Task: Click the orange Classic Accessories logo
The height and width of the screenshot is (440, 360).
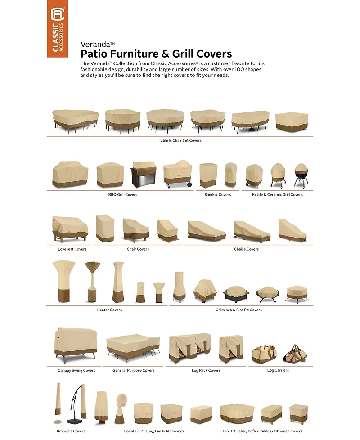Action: pos(58,29)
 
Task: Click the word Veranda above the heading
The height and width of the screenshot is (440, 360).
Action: pos(95,45)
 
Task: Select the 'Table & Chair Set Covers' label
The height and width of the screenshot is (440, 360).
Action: pos(180,140)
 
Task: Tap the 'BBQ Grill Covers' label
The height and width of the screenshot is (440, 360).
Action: pos(123,194)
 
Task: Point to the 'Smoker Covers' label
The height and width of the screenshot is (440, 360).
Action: pos(217,194)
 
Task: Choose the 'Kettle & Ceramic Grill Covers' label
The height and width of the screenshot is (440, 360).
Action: pos(277,194)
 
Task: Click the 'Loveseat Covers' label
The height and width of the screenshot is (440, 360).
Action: pos(72,249)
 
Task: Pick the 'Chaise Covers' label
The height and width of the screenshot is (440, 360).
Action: pos(246,249)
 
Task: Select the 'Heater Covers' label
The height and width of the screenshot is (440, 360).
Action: pos(109,310)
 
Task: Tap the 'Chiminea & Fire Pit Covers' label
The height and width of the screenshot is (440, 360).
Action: pos(238,310)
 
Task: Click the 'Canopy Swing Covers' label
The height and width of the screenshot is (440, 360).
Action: pos(76,370)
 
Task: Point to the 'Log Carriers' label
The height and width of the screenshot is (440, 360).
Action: pos(278,370)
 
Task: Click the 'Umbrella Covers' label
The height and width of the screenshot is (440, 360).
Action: pos(71,431)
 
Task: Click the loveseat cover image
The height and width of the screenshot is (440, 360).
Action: pos(70,229)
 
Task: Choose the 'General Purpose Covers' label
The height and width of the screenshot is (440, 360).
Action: pos(134,370)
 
